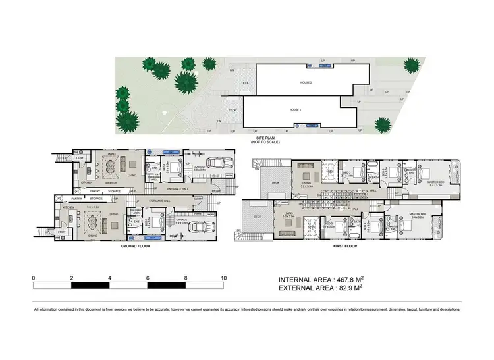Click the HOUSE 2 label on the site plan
tap(306, 83)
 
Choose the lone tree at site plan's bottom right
tap(382, 124)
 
